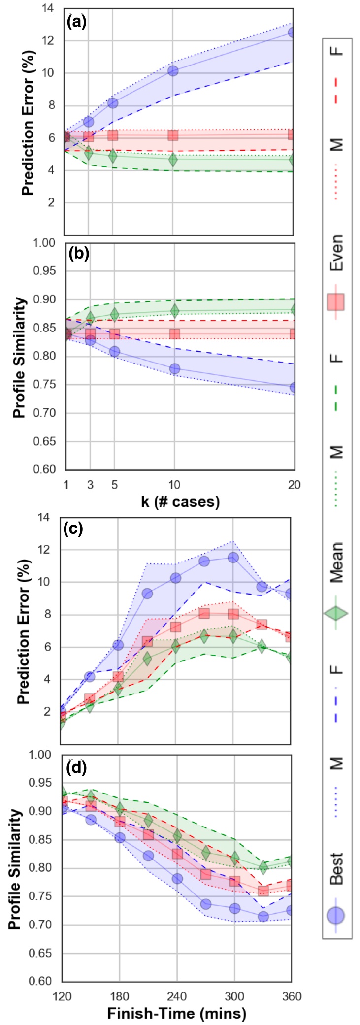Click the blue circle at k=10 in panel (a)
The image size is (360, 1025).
click(x=173, y=71)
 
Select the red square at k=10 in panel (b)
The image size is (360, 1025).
click(x=174, y=334)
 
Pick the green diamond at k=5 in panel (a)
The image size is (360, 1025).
click(x=113, y=156)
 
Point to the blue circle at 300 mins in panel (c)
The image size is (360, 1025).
click(x=233, y=558)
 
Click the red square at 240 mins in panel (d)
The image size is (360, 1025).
click(x=177, y=853)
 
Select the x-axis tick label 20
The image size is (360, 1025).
click(x=294, y=485)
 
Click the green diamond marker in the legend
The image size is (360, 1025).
click(x=336, y=613)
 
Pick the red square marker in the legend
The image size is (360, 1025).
click(x=336, y=301)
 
